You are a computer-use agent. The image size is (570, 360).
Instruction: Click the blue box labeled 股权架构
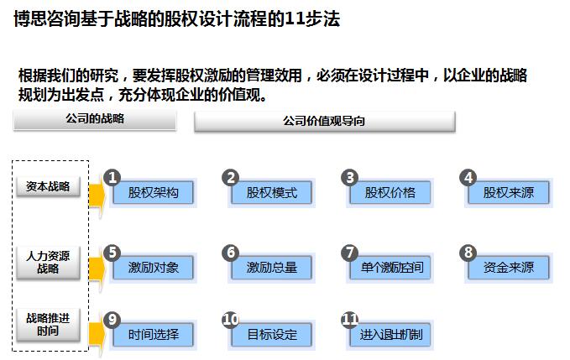pyautogui.click(x=154, y=193)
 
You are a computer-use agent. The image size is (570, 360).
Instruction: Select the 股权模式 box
pyautogui.click(x=272, y=193)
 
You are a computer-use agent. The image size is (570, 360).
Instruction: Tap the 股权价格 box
pyautogui.click(x=390, y=193)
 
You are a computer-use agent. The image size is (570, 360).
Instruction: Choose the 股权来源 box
pyautogui.click(x=509, y=193)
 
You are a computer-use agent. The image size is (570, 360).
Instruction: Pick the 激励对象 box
pyautogui.click(x=154, y=268)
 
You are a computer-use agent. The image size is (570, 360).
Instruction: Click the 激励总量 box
pyautogui.click(x=272, y=268)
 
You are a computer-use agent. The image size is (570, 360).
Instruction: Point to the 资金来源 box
pyautogui.click(x=509, y=268)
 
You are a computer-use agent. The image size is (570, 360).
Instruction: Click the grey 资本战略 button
pyautogui.click(x=49, y=186)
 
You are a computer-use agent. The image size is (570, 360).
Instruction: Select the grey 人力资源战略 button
pyautogui.click(x=49, y=263)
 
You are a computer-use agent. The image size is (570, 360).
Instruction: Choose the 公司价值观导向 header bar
pyautogui.click(x=324, y=122)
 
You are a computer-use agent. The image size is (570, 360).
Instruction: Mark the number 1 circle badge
pyautogui.click(x=112, y=177)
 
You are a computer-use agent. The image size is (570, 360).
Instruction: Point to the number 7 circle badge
pyautogui.click(x=350, y=253)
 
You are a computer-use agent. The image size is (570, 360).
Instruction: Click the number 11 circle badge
pyautogui.click(x=350, y=320)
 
